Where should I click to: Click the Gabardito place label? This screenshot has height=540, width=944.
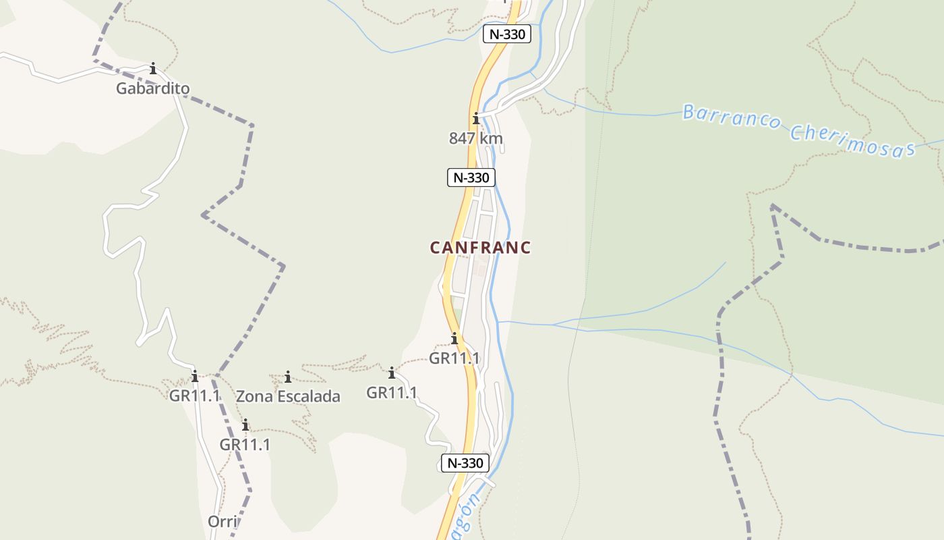[x=152, y=88]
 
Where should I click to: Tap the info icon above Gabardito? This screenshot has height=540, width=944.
[x=153, y=68]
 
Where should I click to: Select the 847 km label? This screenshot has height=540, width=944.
[x=476, y=138]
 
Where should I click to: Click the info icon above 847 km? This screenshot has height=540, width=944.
[x=476, y=119]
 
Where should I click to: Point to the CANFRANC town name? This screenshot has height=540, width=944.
[x=480, y=248]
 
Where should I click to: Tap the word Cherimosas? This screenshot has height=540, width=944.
[x=852, y=140]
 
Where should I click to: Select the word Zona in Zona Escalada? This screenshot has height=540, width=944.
[x=255, y=396]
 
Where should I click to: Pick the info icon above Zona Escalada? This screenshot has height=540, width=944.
[x=288, y=377]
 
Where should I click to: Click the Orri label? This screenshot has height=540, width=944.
[x=223, y=522]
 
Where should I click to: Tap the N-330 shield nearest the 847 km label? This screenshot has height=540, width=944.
[x=471, y=178]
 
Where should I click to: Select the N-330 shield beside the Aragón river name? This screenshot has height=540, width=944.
[x=465, y=463]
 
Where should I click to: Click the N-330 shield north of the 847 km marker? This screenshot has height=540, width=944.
[x=507, y=34]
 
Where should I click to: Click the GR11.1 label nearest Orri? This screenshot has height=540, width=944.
[x=245, y=444]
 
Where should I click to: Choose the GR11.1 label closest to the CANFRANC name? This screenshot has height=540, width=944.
[x=454, y=358]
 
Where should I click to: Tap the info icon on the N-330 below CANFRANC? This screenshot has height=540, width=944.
[x=454, y=338]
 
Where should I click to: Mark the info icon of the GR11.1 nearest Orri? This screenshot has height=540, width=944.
[x=245, y=425]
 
